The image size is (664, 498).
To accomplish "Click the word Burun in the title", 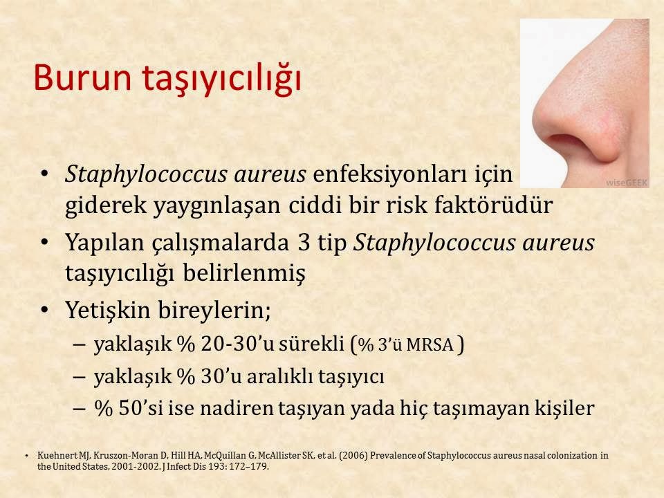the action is pos(82,77).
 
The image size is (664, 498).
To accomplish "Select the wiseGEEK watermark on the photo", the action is pos(627,183).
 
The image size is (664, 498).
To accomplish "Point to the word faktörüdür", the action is pos(494,205).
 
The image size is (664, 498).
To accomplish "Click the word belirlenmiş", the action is pos(244,273).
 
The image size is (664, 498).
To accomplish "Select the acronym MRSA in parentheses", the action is pos(430,345).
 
